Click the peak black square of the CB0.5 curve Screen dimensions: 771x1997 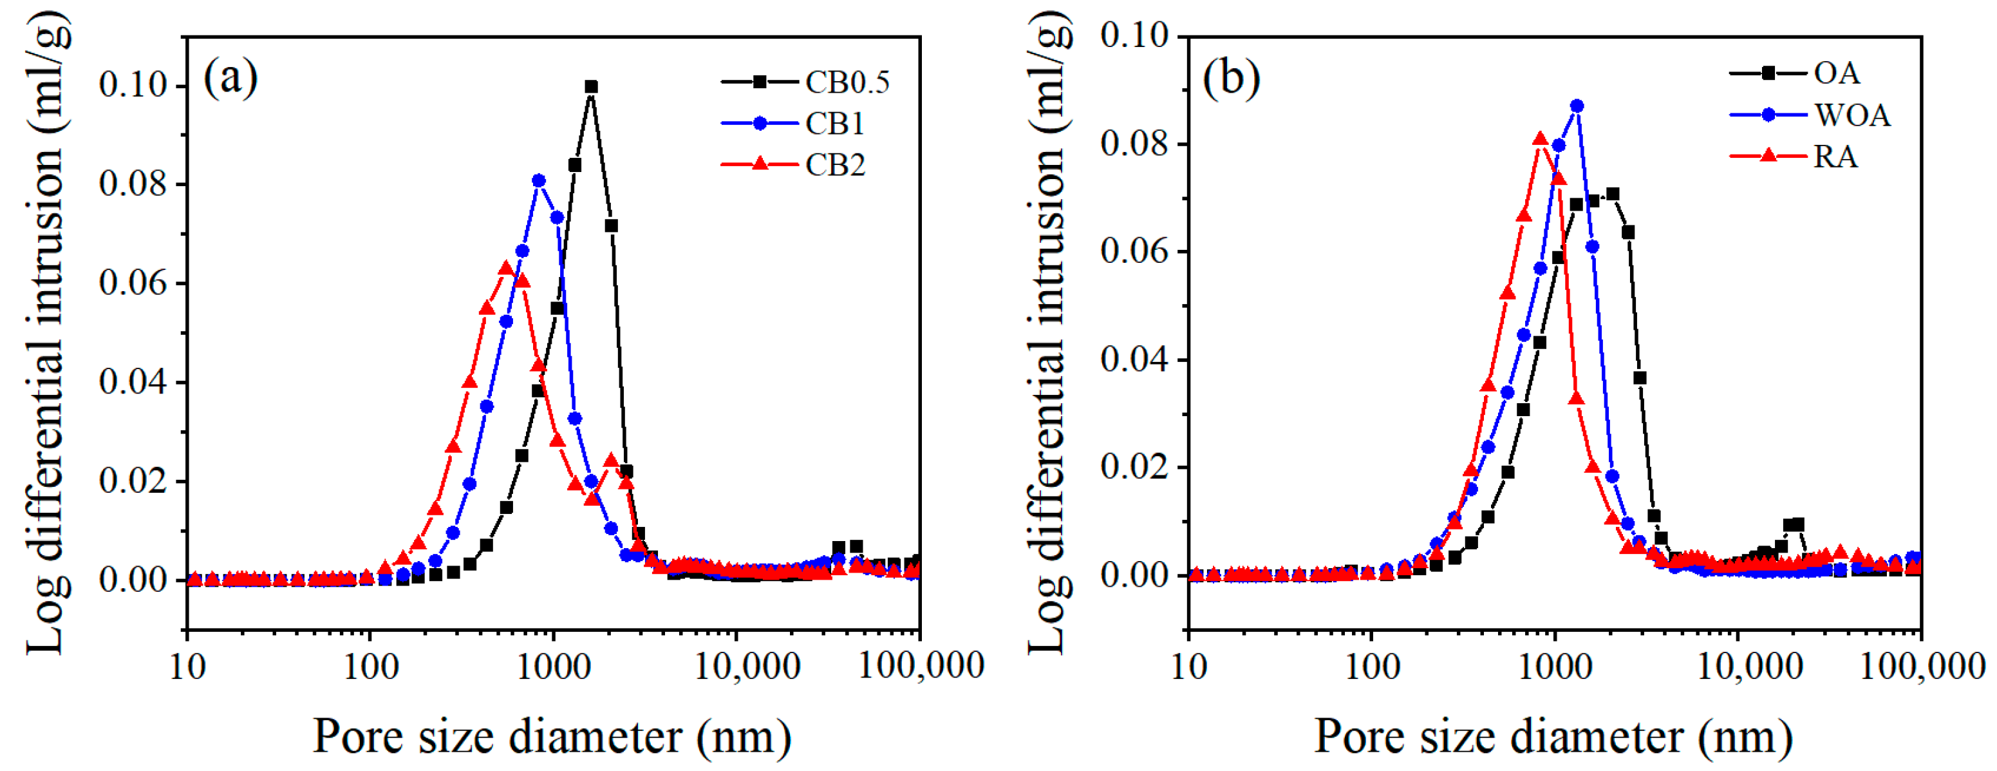tap(592, 87)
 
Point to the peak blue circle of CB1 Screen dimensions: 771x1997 tap(539, 181)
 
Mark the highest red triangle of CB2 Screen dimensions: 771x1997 tap(505, 269)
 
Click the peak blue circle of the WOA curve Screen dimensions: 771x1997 tap(1576, 106)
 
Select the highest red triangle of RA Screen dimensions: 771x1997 tap(1540, 140)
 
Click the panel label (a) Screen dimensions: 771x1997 tap(230, 77)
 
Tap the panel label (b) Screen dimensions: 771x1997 tap(1231, 77)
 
